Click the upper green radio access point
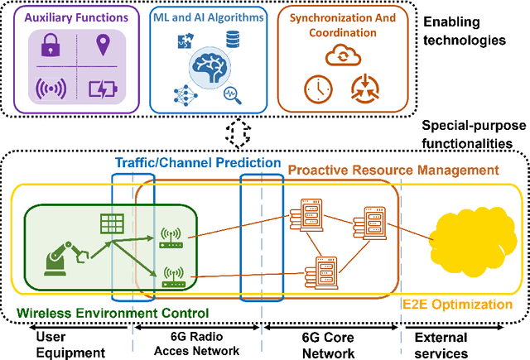[171, 237]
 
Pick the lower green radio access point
[171, 276]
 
